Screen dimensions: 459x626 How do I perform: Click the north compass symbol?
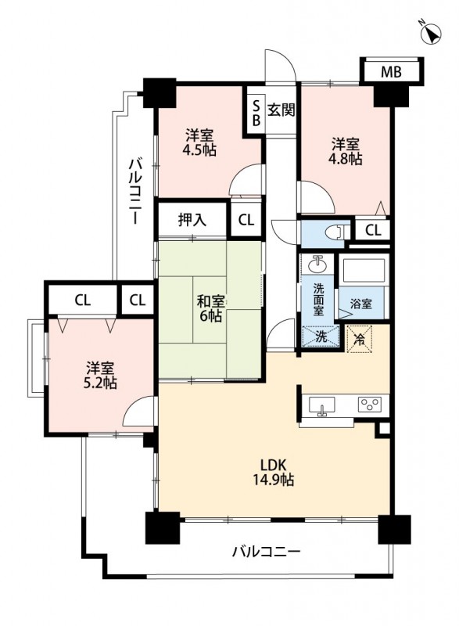pos(430,33)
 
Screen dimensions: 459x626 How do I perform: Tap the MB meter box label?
pos(391,72)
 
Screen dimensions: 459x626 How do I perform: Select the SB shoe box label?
pos(256,113)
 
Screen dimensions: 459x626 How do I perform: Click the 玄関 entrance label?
pos(281,110)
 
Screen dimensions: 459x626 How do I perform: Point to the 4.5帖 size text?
pos(199,150)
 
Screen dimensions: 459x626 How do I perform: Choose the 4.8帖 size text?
pos(346,159)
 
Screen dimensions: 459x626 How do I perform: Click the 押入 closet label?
pos(192,220)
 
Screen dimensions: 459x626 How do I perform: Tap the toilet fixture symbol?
pos(332,232)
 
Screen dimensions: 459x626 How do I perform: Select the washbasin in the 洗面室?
pos(317,264)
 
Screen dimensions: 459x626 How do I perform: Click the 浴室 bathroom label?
pos(361,304)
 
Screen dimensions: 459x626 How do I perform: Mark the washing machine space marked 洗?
pos(321,336)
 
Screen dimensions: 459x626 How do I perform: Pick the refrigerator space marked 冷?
pos(360,340)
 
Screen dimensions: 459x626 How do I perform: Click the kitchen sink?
pos(322,406)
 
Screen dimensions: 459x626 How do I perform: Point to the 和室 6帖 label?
pos(210,308)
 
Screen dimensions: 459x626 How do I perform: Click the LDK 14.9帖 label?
pos(274,472)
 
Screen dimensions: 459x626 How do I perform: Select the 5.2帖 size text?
pos(100,383)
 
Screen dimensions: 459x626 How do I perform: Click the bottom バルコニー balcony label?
pos(266,552)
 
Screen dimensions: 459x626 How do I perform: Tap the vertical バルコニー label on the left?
pos(134,191)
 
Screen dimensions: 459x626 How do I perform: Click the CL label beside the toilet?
pos(373,230)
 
